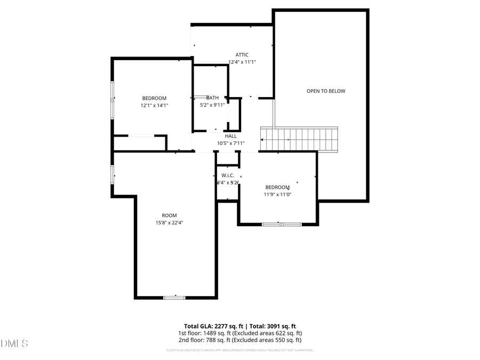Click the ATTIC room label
point(242,54)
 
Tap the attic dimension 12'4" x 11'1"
point(242,62)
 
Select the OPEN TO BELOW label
point(326,91)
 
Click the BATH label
point(212,98)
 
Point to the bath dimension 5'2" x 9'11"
point(212,105)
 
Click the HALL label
point(230,136)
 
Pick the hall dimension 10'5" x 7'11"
point(230,143)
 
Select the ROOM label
point(169,215)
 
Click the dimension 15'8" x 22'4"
point(169,222)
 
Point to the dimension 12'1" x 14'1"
point(154,106)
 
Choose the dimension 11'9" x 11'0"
point(278,195)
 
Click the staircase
point(299,139)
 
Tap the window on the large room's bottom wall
point(174,297)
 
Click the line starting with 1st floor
point(239,333)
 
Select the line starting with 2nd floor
point(239,340)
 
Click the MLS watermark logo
point(15,342)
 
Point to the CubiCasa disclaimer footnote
point(239,350)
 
